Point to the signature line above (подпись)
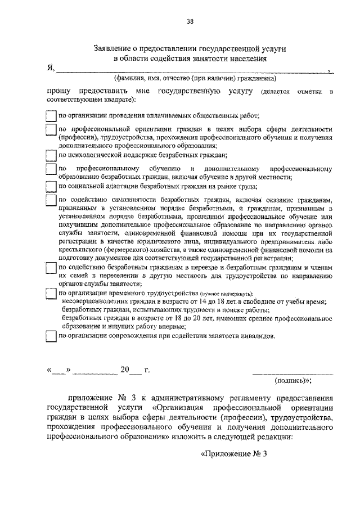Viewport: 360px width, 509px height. (x=292, y=373)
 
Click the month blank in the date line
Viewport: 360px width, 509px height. (x=95, y=372)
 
